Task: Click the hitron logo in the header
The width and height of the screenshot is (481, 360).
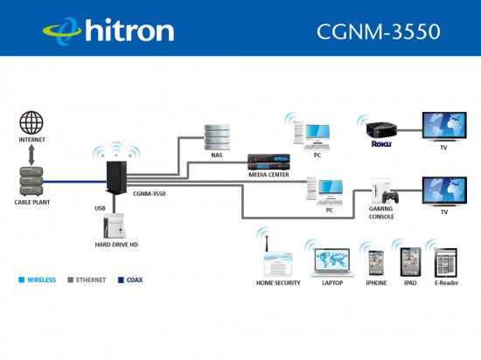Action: (x=108, y=30)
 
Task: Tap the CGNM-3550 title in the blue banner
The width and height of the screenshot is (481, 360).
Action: (x=379, y=31)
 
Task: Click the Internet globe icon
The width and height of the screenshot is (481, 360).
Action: (x=31, y=122)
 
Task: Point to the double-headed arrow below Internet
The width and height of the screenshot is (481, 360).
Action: (x=31, y=156)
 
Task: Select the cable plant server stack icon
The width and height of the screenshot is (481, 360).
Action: (x=31, y=182)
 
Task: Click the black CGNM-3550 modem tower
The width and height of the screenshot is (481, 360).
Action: (x=116, y=177)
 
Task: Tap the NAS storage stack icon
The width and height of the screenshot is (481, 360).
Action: (x=217, y=137)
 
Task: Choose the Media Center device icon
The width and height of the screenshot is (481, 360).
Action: (x=268, y=162)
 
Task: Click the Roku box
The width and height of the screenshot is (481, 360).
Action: (x=381, y=129)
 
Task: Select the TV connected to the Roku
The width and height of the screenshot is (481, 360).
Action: (x=444, y=127)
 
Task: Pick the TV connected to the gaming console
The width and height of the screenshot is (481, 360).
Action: (x=444, y=191)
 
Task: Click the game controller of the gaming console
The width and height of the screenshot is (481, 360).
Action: (x=390, y=197)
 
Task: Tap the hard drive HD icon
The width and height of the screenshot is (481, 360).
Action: (x=114, y=225)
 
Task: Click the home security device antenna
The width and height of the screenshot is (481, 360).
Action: (x=267, y=244)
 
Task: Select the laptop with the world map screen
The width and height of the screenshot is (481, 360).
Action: (x=333, y=262)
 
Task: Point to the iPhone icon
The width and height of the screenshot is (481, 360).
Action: (x=376, y=263)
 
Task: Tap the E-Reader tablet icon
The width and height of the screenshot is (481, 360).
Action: (x=446, y=262)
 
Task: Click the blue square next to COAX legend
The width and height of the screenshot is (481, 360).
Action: (x=121, y=280)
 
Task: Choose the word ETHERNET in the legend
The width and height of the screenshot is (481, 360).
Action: (x=91, y=280)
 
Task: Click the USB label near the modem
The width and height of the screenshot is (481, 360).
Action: (x=100, y=208)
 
